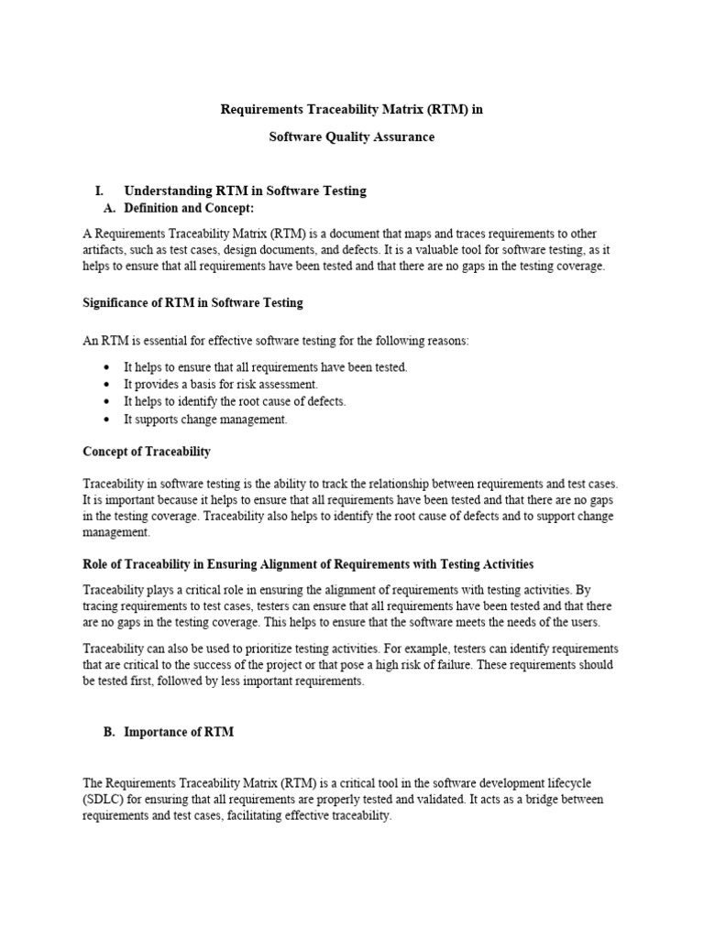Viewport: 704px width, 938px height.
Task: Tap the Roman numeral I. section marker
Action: [99, 191]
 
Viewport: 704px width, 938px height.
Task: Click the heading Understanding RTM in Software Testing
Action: [245, 191]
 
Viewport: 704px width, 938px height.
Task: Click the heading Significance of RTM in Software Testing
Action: [192, 302]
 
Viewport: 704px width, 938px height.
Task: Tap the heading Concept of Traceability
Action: [147, 452]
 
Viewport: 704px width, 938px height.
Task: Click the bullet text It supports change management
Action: [205, 420]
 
